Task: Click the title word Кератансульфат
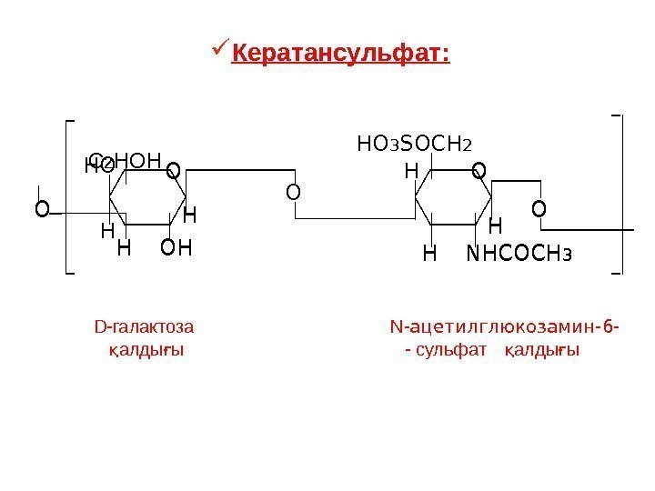(341, 55)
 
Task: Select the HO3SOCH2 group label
(415, 143)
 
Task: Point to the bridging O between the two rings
(292, 192)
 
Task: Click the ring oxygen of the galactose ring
(173, 170)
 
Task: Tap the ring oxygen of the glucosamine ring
(479, 170)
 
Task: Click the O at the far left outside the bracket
(41, 210)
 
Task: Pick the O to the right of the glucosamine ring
(539, 210)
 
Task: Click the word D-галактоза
(144, 326)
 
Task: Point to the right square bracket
(619, 194)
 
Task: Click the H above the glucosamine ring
(411, 171)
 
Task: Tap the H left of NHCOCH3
(430, 253)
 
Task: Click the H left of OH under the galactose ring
(125, 247)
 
